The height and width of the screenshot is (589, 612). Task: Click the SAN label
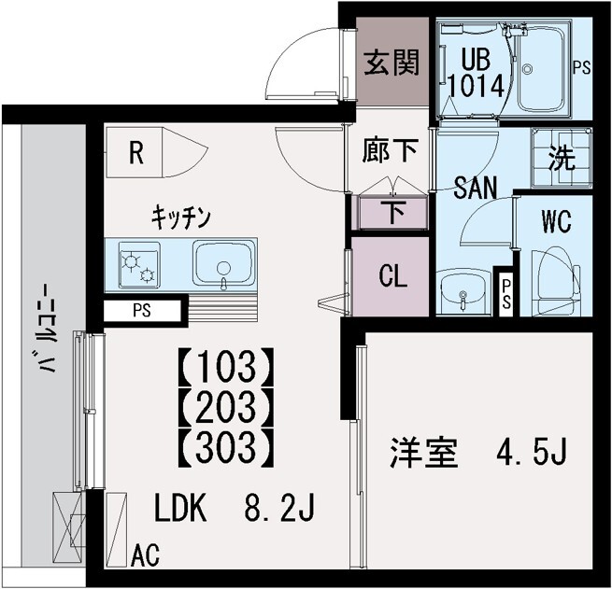point(475,188)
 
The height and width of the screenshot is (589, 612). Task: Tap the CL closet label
point(391,277)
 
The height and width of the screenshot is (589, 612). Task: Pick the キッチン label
point(182,217)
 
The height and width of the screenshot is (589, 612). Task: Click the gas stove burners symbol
point(140,264)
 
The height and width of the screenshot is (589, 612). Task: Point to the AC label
point(145,556)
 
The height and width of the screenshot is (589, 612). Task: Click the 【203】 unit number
point(224,407)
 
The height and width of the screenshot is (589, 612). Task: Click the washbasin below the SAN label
point(462,291)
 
